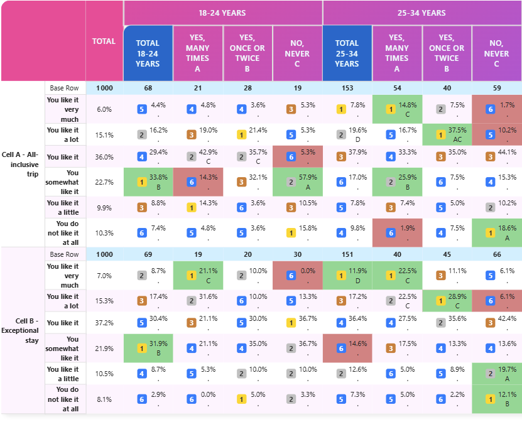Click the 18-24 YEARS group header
point(222,13)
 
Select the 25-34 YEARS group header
point(421,13)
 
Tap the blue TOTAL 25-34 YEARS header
point(347,53)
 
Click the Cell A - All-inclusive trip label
point(20,164)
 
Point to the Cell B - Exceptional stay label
point(20,330)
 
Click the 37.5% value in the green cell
point(457,130)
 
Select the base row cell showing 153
point(347,88)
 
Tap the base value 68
point(148,88)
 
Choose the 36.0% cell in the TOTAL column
point(104,157)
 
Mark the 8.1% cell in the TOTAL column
point(104,399)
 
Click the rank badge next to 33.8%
point(142,182)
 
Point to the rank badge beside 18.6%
point(491,233)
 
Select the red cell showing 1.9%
point(397,232)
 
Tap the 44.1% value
point(507,152)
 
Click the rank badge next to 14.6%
point(341,349)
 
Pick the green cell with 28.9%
point(447,301)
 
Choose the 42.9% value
point(208,152)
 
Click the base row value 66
point(497,254)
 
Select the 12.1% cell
point(497,399)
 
